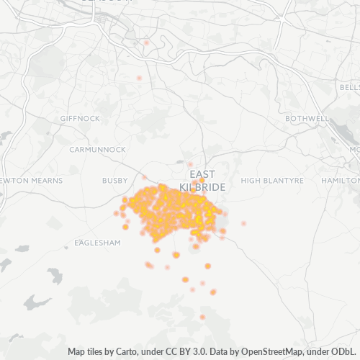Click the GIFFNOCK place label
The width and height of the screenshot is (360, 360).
point(80,118)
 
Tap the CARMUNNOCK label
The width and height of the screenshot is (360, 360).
point(97,150)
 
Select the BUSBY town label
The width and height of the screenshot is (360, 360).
point(114,181)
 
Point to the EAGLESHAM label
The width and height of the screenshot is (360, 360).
point(96,243)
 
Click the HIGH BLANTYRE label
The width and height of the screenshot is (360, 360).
point(272,180)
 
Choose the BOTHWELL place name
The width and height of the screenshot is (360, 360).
point(307,118)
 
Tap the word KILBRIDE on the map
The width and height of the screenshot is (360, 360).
point(203,187)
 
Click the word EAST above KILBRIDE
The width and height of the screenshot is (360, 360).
point(202,175)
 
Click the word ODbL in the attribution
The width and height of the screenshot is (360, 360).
point(345,352)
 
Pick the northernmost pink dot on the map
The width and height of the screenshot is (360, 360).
point(146,42)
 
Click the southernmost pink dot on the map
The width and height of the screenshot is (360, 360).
point(202,317)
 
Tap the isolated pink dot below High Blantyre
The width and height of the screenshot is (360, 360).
point(243,223)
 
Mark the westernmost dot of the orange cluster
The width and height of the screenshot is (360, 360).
point(116,213)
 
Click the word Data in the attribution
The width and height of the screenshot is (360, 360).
point(221,352)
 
